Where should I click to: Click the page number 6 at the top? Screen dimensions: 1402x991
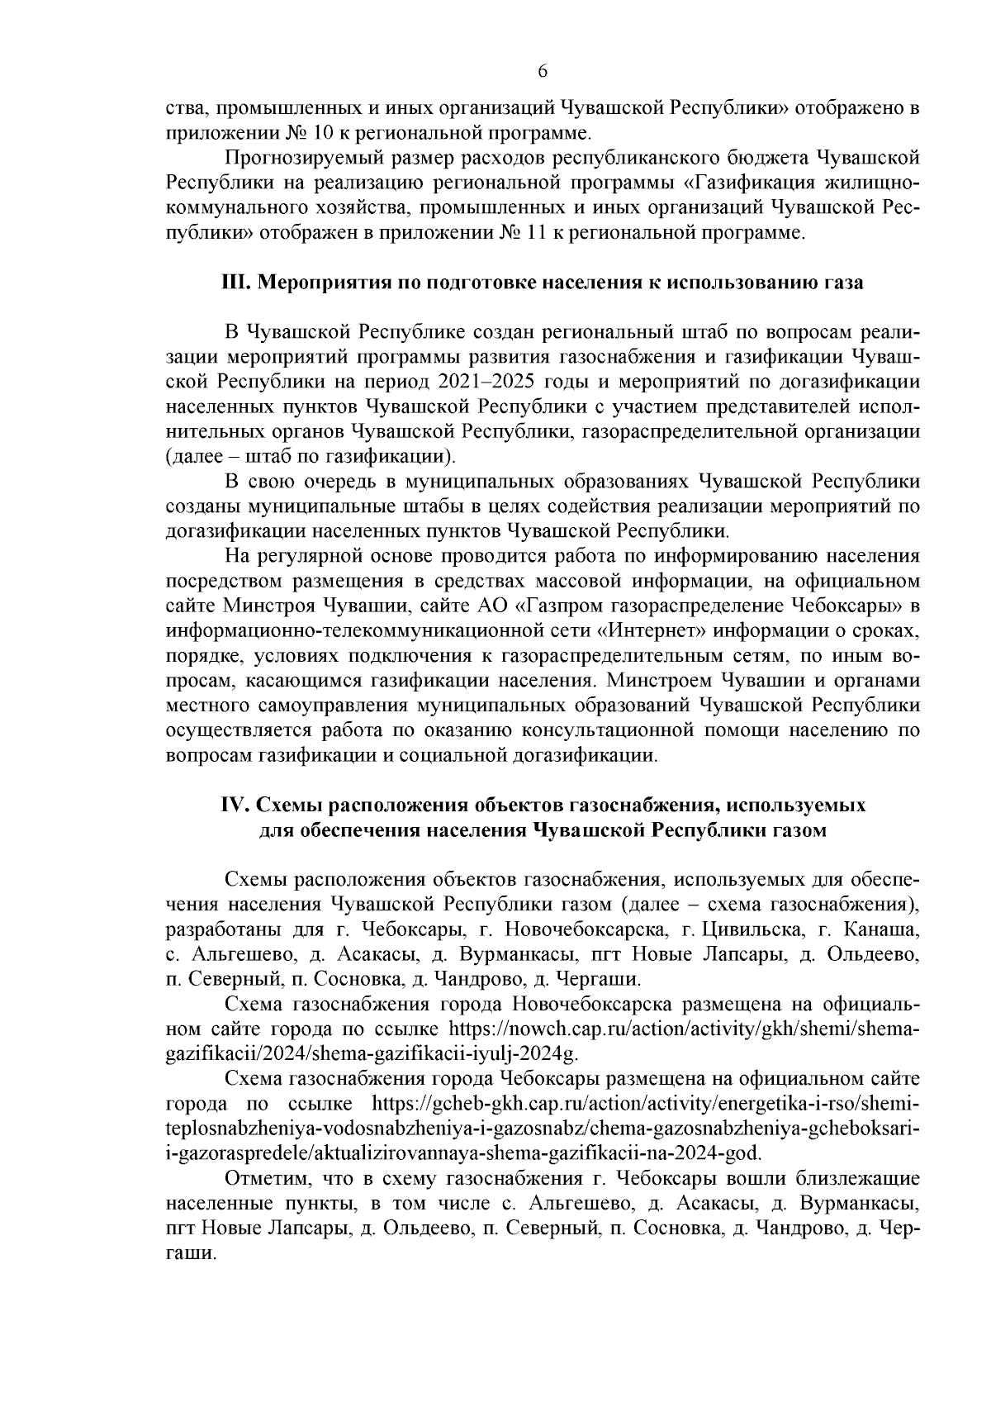pos(543,72)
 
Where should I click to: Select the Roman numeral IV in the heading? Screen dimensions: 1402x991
pos(235,805)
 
